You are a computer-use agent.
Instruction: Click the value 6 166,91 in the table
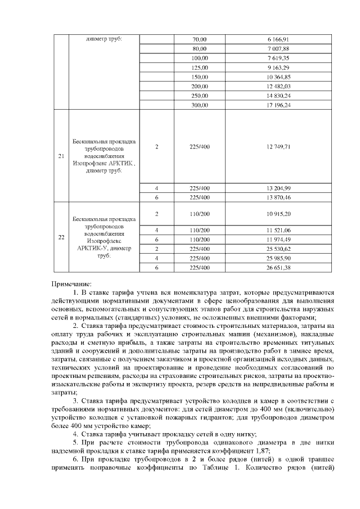[x=278, y=39]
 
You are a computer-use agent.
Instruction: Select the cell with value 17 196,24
[x=278, y=105]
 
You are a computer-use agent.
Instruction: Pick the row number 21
[x=61, y=156]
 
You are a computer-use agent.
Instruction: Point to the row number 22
[x=61, y=237]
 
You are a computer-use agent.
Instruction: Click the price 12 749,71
[x=278, y=147]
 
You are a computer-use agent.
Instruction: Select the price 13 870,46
[x=278, y=197]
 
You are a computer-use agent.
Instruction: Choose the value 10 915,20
[x=278, y=214]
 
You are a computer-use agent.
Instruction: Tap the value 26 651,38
[x=278, y=268]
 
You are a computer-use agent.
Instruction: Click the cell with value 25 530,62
[x=278, y=249]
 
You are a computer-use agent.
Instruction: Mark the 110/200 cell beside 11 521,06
[x=200, y=230]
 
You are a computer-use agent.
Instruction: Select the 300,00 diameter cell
[x=200, y=105]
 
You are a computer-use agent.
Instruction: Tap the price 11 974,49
[x=278, y=240]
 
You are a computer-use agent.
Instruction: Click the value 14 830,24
[x=278, y=96]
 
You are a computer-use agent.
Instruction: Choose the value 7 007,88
[x=278, y=49]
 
